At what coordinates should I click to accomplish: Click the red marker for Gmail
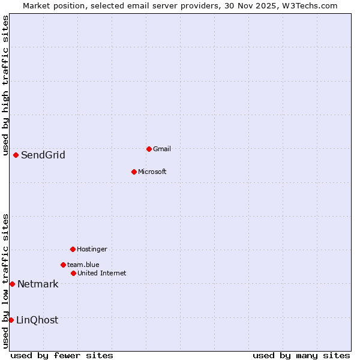(x=149, y=149)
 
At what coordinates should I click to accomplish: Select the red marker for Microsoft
(x=134, y=172)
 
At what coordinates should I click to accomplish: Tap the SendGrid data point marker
(x=16, y=155)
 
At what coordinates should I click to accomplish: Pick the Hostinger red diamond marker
(x=73, y=249)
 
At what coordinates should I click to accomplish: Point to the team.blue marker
(x=63, y=265)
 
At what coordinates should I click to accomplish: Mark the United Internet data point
(x=73, y=273)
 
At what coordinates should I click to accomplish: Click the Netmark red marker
(x=12, y=284)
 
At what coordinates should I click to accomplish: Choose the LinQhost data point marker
(x=11, y=320)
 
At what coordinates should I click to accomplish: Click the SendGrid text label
(x=43, y=155)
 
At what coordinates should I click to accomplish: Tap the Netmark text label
(x=38, y=284)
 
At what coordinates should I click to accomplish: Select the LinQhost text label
(x=37, y=320)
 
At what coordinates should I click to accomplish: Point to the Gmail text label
(x=162, y=149)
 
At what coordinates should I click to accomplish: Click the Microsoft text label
(x=152, y=172)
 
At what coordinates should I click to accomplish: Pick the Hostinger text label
(x=92, y=249)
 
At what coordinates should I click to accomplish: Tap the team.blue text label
(x=83, y=265)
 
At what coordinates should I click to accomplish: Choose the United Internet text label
(x=102, y=273)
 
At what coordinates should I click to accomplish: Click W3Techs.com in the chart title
(x=310, y=6)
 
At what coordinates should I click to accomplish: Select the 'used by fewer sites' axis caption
(x=62, y=356)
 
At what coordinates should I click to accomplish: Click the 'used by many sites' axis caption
(x=301, y=356)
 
